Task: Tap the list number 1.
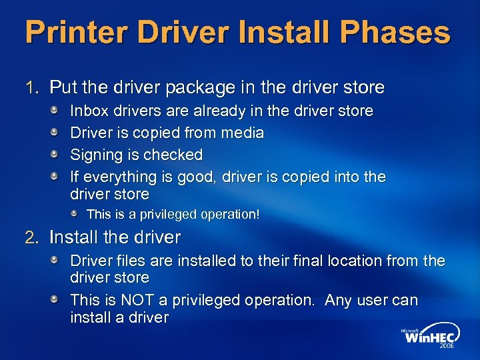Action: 30,87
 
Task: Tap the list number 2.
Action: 30,237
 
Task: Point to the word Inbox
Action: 89,111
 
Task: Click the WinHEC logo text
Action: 429,337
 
